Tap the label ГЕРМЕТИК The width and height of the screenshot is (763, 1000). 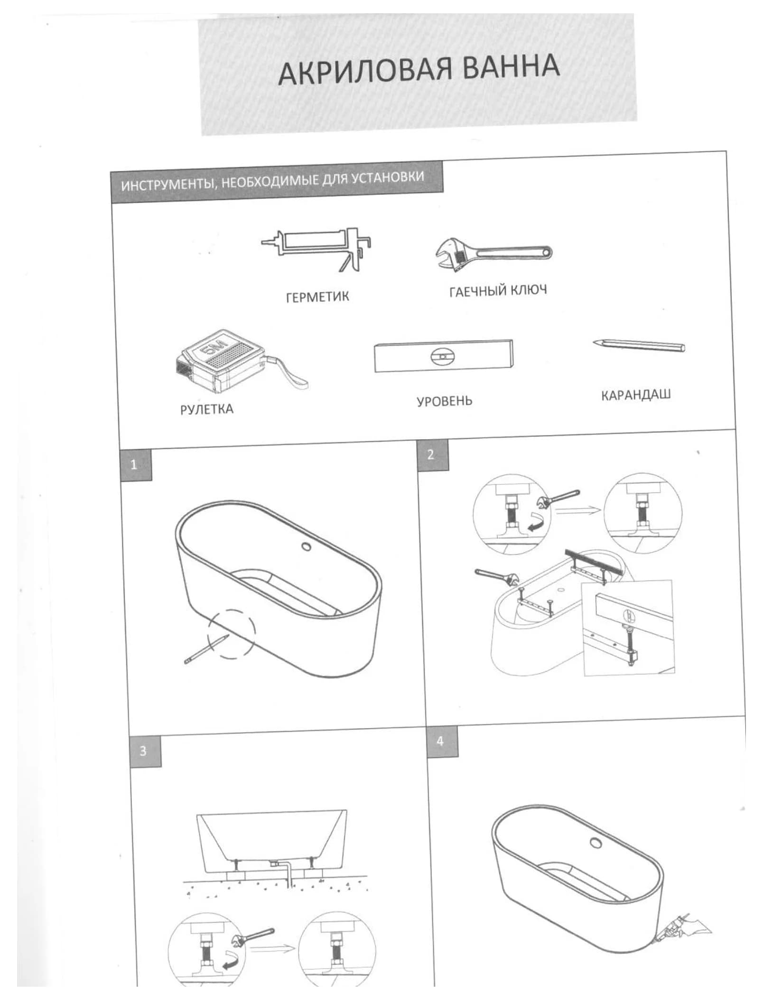coord(317,297)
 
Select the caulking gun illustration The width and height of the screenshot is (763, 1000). coord(316,249)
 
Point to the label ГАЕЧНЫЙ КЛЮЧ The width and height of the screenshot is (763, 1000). coord(498,290)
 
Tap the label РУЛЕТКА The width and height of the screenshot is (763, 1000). coord(207,409)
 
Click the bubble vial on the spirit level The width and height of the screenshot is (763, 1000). coord(443,356)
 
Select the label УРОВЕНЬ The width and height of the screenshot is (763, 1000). coord(445,401)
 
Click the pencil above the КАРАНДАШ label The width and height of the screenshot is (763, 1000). coord(639,345)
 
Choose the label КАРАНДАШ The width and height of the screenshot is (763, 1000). coord(636,395)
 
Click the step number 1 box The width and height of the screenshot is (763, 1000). coord(136,464)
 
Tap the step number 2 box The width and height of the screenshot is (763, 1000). coord(433,455)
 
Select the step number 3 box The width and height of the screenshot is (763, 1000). coord(145,751)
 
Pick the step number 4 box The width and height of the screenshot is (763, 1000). coord(442,741)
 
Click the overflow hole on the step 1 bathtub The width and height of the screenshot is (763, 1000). coord(307,547)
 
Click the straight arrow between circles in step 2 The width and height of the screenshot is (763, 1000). coord(578,510)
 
